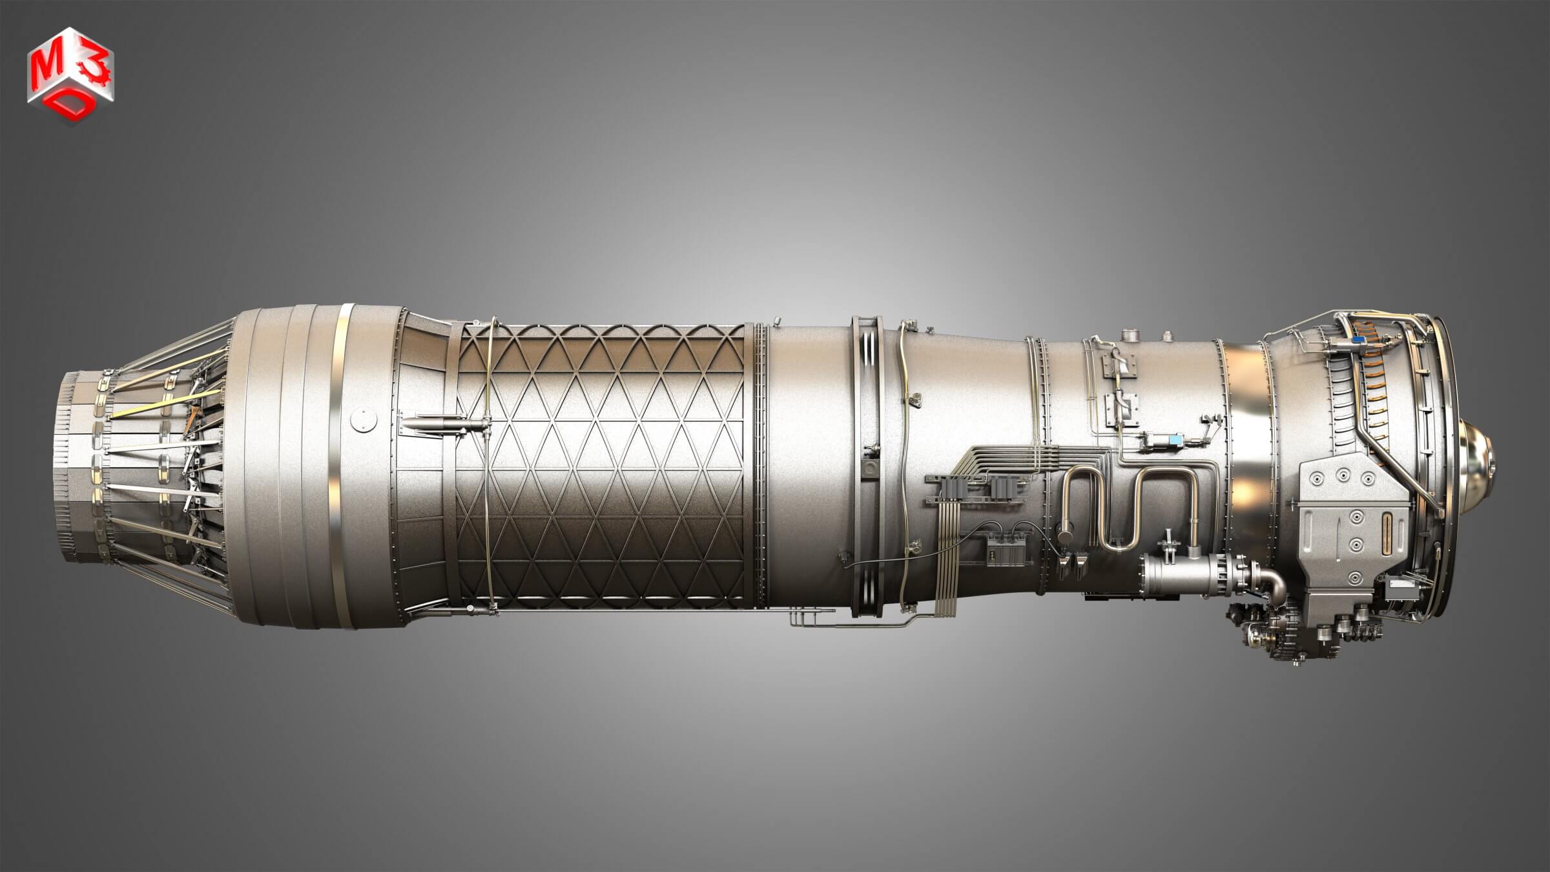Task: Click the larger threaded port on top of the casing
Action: [1130, 336]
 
